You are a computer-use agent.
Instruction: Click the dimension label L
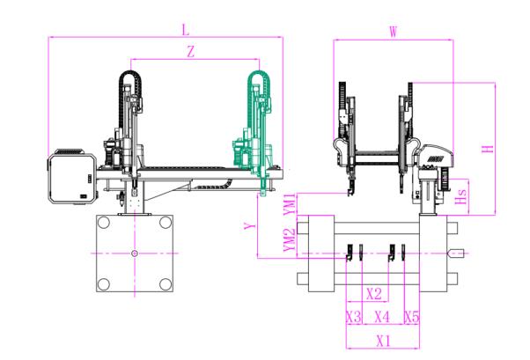pyautogui.click(x=186, y=30)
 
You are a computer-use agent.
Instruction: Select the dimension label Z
pyautogui.click(x=191, y=52)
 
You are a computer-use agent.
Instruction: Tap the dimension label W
pyautogui.click(x=393, y=32)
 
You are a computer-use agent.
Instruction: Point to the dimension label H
pyautogui.click(x=488, y=149)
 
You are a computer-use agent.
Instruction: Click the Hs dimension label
pyautogui.click(x=460, y=197)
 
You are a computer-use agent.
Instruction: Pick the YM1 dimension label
pyautogui.click(x=290, y=204)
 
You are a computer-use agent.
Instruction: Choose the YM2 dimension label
pyautogui.click(x=290, y=239)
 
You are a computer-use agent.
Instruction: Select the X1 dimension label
pyautogui.click(x=383, y=341)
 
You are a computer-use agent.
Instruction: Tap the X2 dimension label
pyautogui.click(x=374, y=294)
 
